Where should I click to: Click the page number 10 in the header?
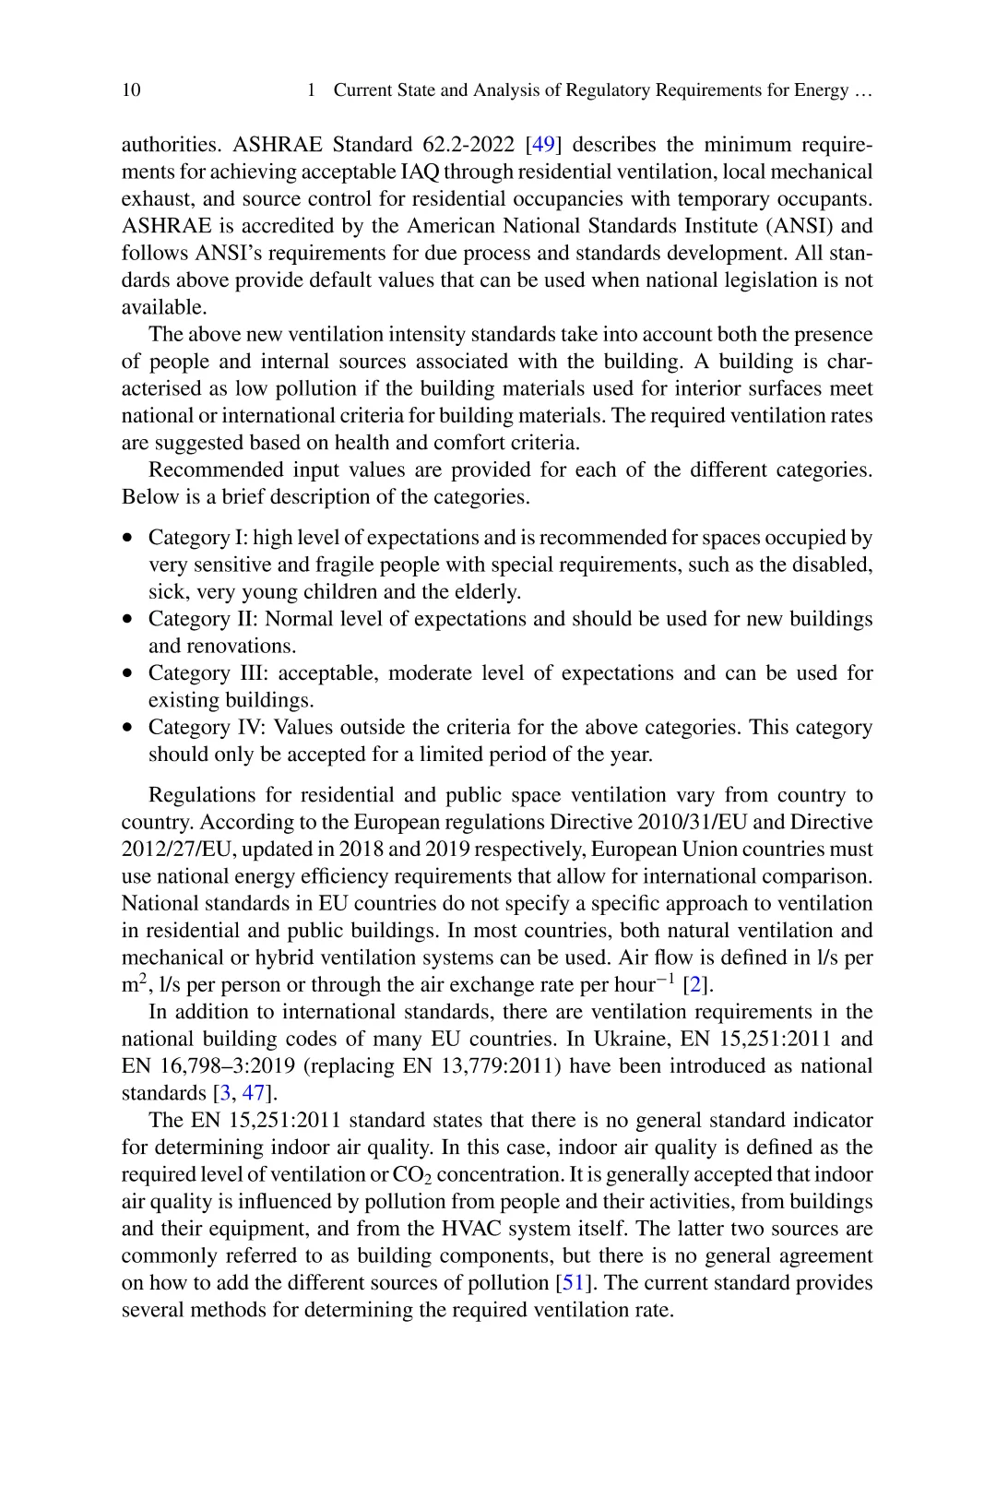click(x=131, y=89)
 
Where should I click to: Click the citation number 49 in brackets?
click(x=544, y=145)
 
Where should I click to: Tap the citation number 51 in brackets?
click(x=573, y=1283)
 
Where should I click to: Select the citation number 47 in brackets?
click(x=254, y=1094)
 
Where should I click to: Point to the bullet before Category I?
click(x=128, y=538)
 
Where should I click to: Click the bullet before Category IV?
click(x=128, y=728)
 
